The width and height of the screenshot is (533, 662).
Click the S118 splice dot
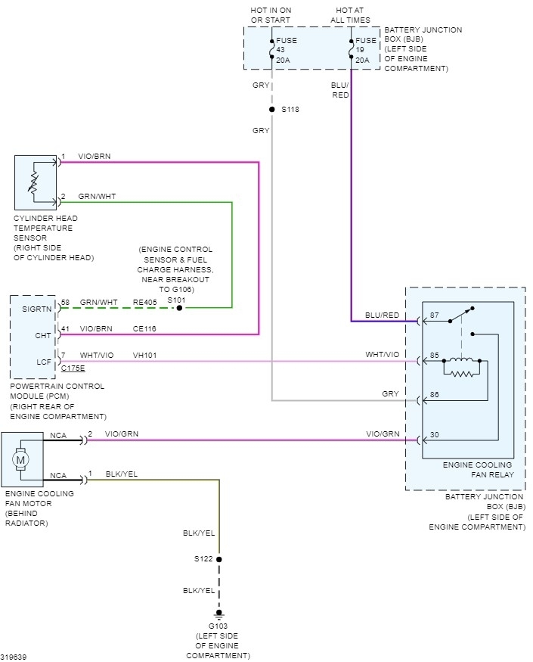271,110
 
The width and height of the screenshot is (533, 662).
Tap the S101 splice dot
179,308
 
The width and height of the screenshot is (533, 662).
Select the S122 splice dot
219,560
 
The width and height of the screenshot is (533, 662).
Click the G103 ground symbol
219,614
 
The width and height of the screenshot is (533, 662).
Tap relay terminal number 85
435,354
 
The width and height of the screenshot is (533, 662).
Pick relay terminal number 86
435,394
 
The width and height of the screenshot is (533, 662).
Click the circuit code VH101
145,355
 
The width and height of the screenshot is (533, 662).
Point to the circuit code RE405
145,303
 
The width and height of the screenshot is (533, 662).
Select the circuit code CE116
145,328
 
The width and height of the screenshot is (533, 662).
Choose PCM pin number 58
66,303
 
